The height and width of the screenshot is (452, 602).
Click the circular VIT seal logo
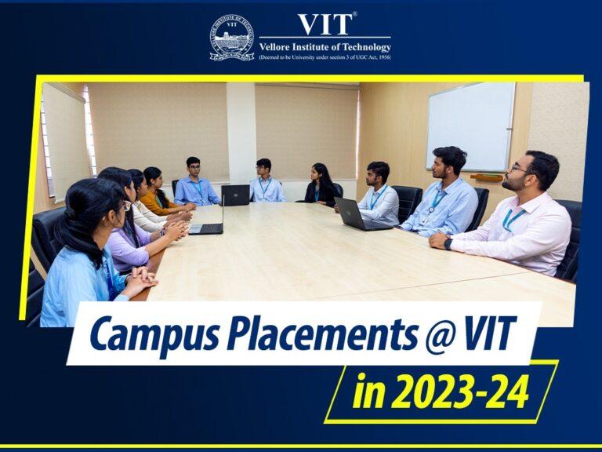(x=232, y=38)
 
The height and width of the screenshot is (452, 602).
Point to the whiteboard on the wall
(x=470, y=126)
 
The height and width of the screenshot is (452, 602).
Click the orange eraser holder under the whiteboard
(x=487, y=177)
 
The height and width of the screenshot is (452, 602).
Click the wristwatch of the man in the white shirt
(x=448, y=243)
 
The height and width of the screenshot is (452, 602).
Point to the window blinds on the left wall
(x=66, y=141)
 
